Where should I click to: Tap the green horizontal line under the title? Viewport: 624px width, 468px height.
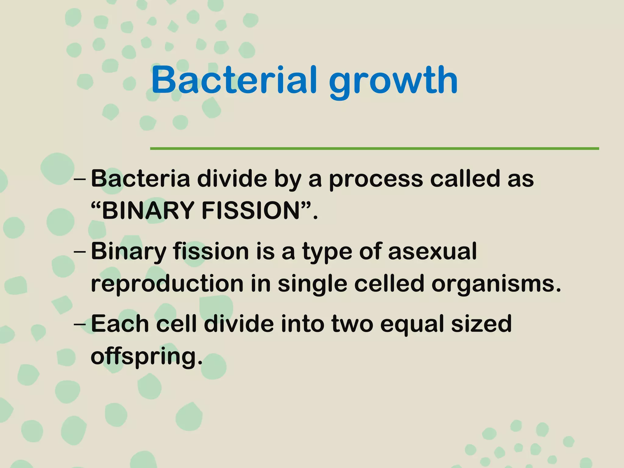click(374, 148)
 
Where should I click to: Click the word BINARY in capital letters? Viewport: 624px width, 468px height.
click(148, 211)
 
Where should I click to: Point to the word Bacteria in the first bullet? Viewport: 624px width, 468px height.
click(140, 179)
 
